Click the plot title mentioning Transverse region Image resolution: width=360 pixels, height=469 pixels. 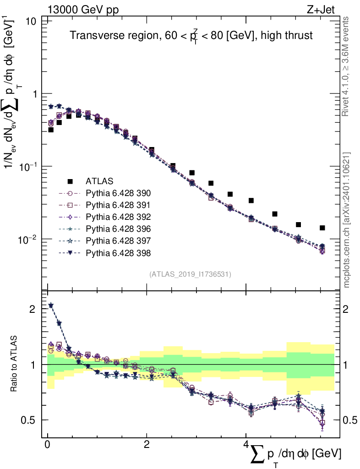[191, 36]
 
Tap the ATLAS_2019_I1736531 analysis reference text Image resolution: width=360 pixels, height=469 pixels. [190, 274]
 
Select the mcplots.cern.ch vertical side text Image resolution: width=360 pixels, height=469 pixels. [347, 220]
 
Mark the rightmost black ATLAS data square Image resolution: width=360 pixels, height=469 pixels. [322, 228]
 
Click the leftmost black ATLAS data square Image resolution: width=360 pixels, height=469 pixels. [51, 130]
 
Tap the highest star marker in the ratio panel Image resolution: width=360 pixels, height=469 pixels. [51, 305]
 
